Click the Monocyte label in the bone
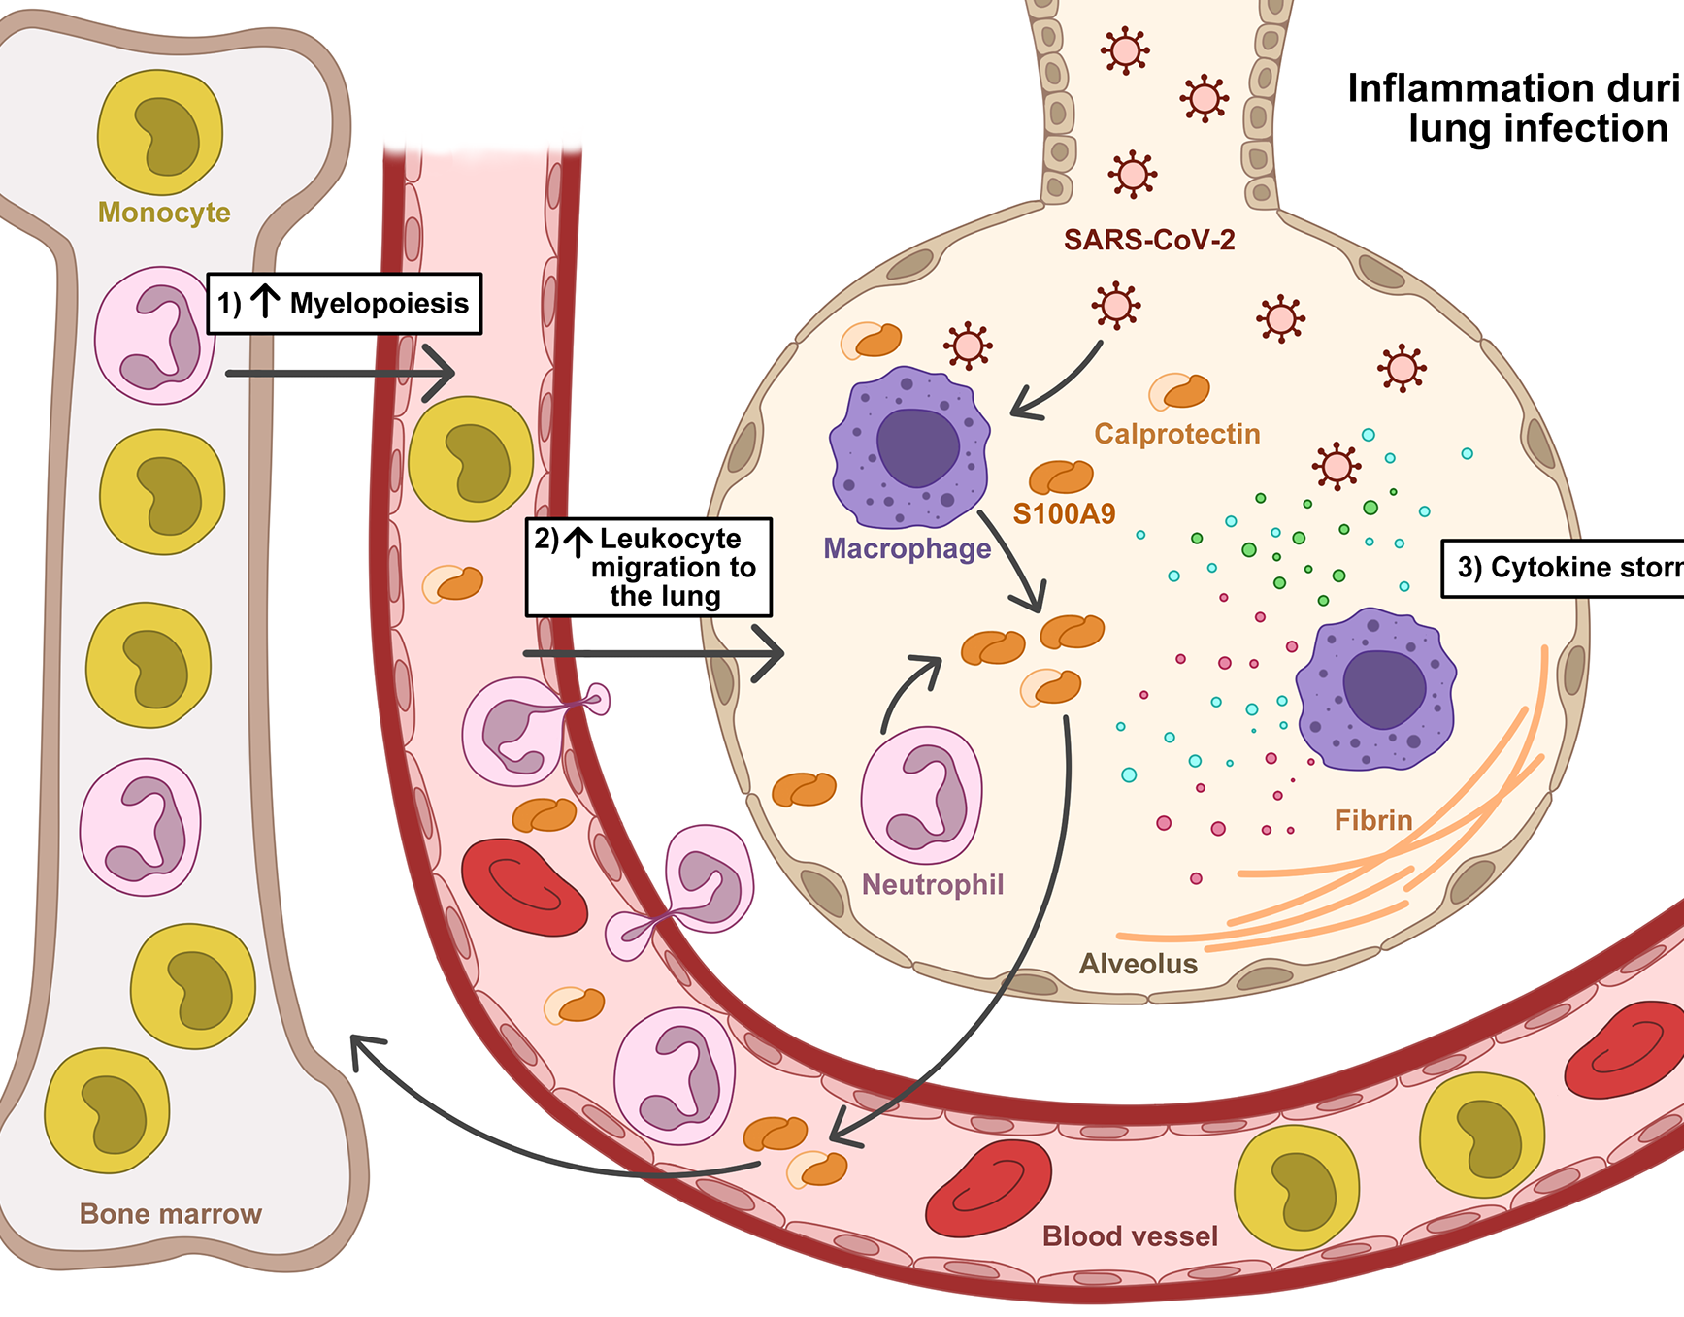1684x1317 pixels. [164, 213]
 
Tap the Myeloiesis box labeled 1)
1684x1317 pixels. [345, 304]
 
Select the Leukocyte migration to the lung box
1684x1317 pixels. [648, 567]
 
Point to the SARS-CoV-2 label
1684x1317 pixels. [1149, 240]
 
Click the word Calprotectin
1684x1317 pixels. [1177, 434]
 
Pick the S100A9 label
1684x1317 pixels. [1064, 513]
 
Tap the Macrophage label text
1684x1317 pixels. [907, 549]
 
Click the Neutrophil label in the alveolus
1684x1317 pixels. [933, 885]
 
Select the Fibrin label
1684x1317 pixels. [1373, 820]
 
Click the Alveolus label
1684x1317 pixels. [1139, 964]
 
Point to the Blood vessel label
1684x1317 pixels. [1130, 1235]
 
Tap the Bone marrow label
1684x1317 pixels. [171, 1214]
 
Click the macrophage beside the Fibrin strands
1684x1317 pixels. [1375, 688]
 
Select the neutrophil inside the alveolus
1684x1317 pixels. [921, 795]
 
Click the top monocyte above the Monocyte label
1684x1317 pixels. [160, 133]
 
